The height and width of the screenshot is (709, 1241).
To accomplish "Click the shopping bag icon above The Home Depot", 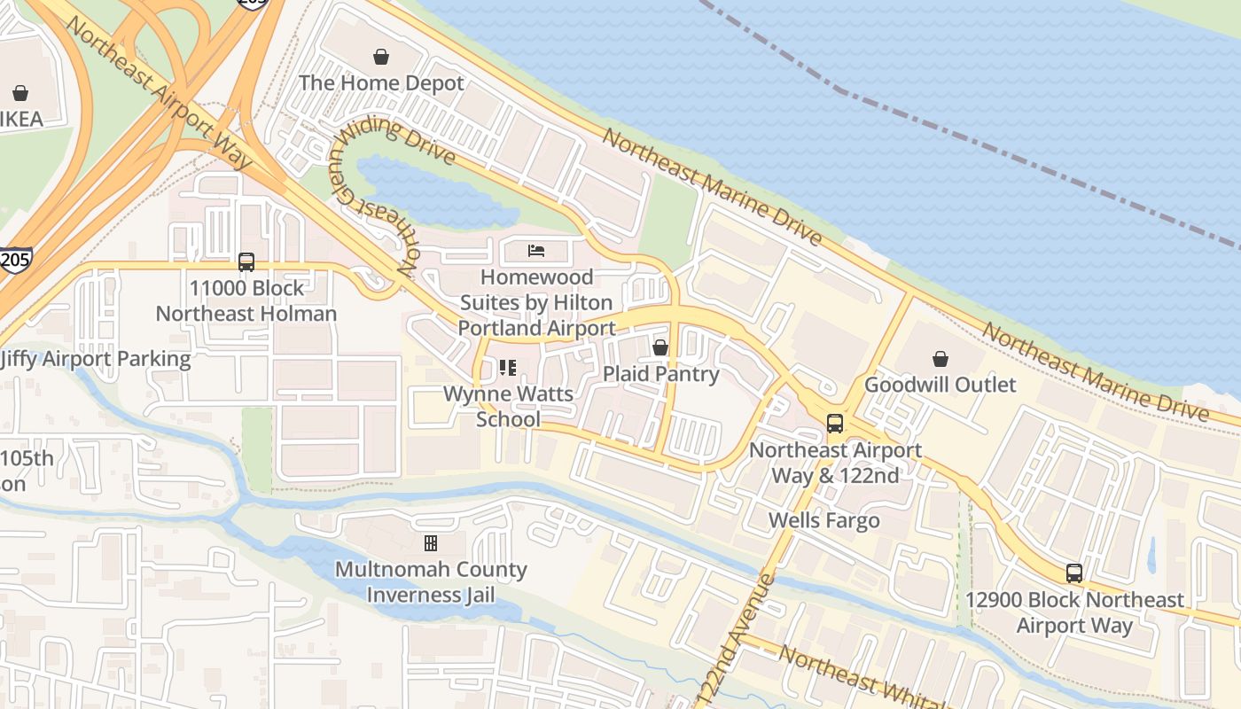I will (381, 58).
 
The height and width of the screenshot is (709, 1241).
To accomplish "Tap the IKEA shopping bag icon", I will (20, 93).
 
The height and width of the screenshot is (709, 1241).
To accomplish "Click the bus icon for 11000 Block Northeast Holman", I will (246, 262).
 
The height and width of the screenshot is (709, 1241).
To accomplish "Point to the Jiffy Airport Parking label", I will (95, 359).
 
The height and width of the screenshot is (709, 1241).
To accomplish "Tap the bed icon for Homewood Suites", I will (536, 251).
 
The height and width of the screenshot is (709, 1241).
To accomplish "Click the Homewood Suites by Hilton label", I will (536, 302).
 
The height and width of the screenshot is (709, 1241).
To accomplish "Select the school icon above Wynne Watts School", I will (508, 367).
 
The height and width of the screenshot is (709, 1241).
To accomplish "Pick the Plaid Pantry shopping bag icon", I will (660, 347).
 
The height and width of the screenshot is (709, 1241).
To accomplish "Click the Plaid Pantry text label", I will (660, 374).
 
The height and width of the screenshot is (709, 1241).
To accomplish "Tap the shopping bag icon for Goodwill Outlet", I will (941, 359).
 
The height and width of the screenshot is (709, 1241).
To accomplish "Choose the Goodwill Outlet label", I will (941, 385).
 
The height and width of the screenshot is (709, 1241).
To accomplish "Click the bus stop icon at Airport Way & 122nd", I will (835, 424).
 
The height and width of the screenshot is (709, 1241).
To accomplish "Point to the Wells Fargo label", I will (824, 520).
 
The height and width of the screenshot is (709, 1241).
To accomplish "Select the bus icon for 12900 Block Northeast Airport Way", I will (1074, 573).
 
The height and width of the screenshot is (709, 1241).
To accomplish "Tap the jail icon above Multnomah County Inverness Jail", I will (431, 542).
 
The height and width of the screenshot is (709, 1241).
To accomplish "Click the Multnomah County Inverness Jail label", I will (431, 581).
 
